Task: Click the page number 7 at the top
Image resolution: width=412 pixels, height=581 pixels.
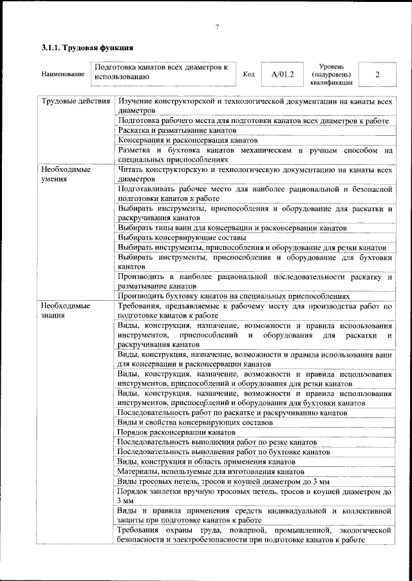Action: (217, 26)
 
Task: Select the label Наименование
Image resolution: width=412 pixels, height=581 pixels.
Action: (63, 75)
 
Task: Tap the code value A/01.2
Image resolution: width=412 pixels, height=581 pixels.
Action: (283, 75)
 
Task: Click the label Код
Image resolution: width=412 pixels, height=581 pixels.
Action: (248, 75)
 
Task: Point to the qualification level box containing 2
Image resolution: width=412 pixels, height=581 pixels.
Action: (377, 75)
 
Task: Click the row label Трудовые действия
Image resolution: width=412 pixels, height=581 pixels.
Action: (71, 102)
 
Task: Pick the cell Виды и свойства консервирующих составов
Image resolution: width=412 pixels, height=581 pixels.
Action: (195, 423)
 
